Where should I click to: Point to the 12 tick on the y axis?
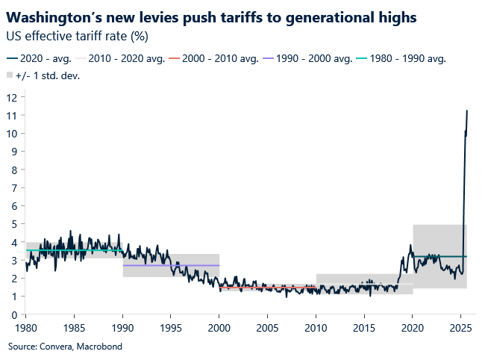12,98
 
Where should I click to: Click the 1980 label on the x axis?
25,327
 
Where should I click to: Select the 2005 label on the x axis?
267,327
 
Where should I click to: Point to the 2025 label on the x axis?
460,327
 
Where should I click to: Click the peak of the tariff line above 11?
466,111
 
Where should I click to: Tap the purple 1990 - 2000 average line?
170,265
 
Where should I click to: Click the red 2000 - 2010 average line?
267,287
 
